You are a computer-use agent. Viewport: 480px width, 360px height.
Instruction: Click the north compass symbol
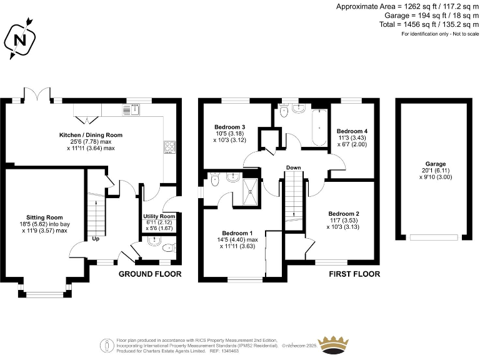pyautogui.click(x=20, y=40)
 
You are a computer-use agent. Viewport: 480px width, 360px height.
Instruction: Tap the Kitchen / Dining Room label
pyautogui.click(x=91, y=134)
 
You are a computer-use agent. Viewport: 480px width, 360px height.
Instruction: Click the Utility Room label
pyautogui.click(x=159, y=217)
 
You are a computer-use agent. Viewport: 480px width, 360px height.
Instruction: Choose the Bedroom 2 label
pyautogui.click(x=344, y=213)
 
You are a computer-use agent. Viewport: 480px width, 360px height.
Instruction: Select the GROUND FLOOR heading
pyautogui.click(x=150, y=274)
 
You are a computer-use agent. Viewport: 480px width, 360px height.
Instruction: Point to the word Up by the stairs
pyautogui.click(x=96, y=238)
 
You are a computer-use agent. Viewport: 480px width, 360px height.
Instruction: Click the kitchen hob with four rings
pyautogui.click(x=169, y=147)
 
